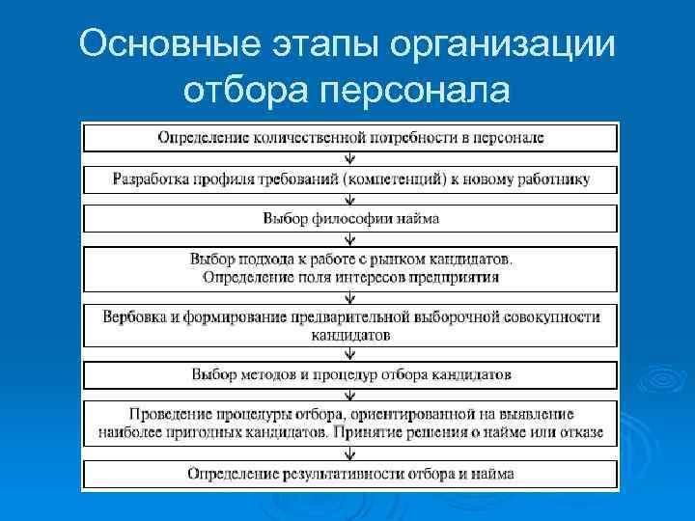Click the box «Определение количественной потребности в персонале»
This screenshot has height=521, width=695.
click(349, 137)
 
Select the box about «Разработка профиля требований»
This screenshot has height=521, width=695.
click(349, 178)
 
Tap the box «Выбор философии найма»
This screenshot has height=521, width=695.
click(349, 219)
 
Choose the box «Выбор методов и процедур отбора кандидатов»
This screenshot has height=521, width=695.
click(349, 373)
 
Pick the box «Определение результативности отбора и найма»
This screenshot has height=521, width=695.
click(349, 474)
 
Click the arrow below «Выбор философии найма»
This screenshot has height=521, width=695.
click(349, 239)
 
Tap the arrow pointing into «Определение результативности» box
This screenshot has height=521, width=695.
click(349, 453)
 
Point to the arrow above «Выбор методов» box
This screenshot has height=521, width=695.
click(349, 353)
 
